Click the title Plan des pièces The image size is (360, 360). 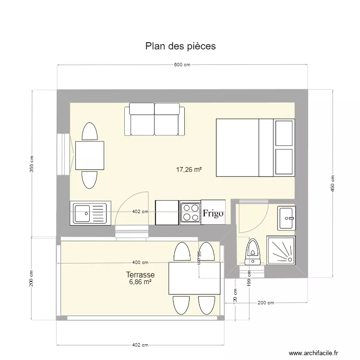(x=180, y=46)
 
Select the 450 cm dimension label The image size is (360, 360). (x=332, y=184)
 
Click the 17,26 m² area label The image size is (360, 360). (x=189, y=169)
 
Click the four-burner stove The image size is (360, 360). (x=190, y=213)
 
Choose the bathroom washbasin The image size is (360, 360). (x=287, y=217)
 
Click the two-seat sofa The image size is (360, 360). (x=155, y=120)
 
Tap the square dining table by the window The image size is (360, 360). (x=90, y=156)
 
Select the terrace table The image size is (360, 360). (x=194, y=278)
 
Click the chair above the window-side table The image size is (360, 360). (x=89, y=132)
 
